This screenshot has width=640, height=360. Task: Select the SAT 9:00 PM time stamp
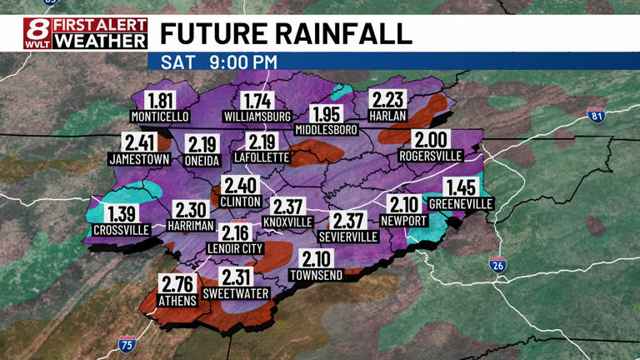(x=219, y=62)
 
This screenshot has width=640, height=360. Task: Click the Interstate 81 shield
(x=595, y=116)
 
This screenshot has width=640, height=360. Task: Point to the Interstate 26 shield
(x=497, y=266)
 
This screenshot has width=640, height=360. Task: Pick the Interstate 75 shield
(x=126, y=344)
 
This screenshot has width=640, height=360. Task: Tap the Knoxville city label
(x=287, y=222)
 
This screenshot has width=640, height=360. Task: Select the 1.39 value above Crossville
(x=122, y=213)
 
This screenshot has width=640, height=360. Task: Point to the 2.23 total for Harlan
(x=388, y=98)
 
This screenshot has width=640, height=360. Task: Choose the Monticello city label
(x=161, y=117)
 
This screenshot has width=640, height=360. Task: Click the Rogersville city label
(x=431, y=156)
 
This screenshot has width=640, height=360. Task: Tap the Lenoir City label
(x=235, y=248)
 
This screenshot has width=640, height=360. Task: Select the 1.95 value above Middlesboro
(x=326, y=114)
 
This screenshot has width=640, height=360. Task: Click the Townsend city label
(x=316, y=275)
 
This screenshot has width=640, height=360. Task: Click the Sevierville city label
(x=348, y=237)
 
